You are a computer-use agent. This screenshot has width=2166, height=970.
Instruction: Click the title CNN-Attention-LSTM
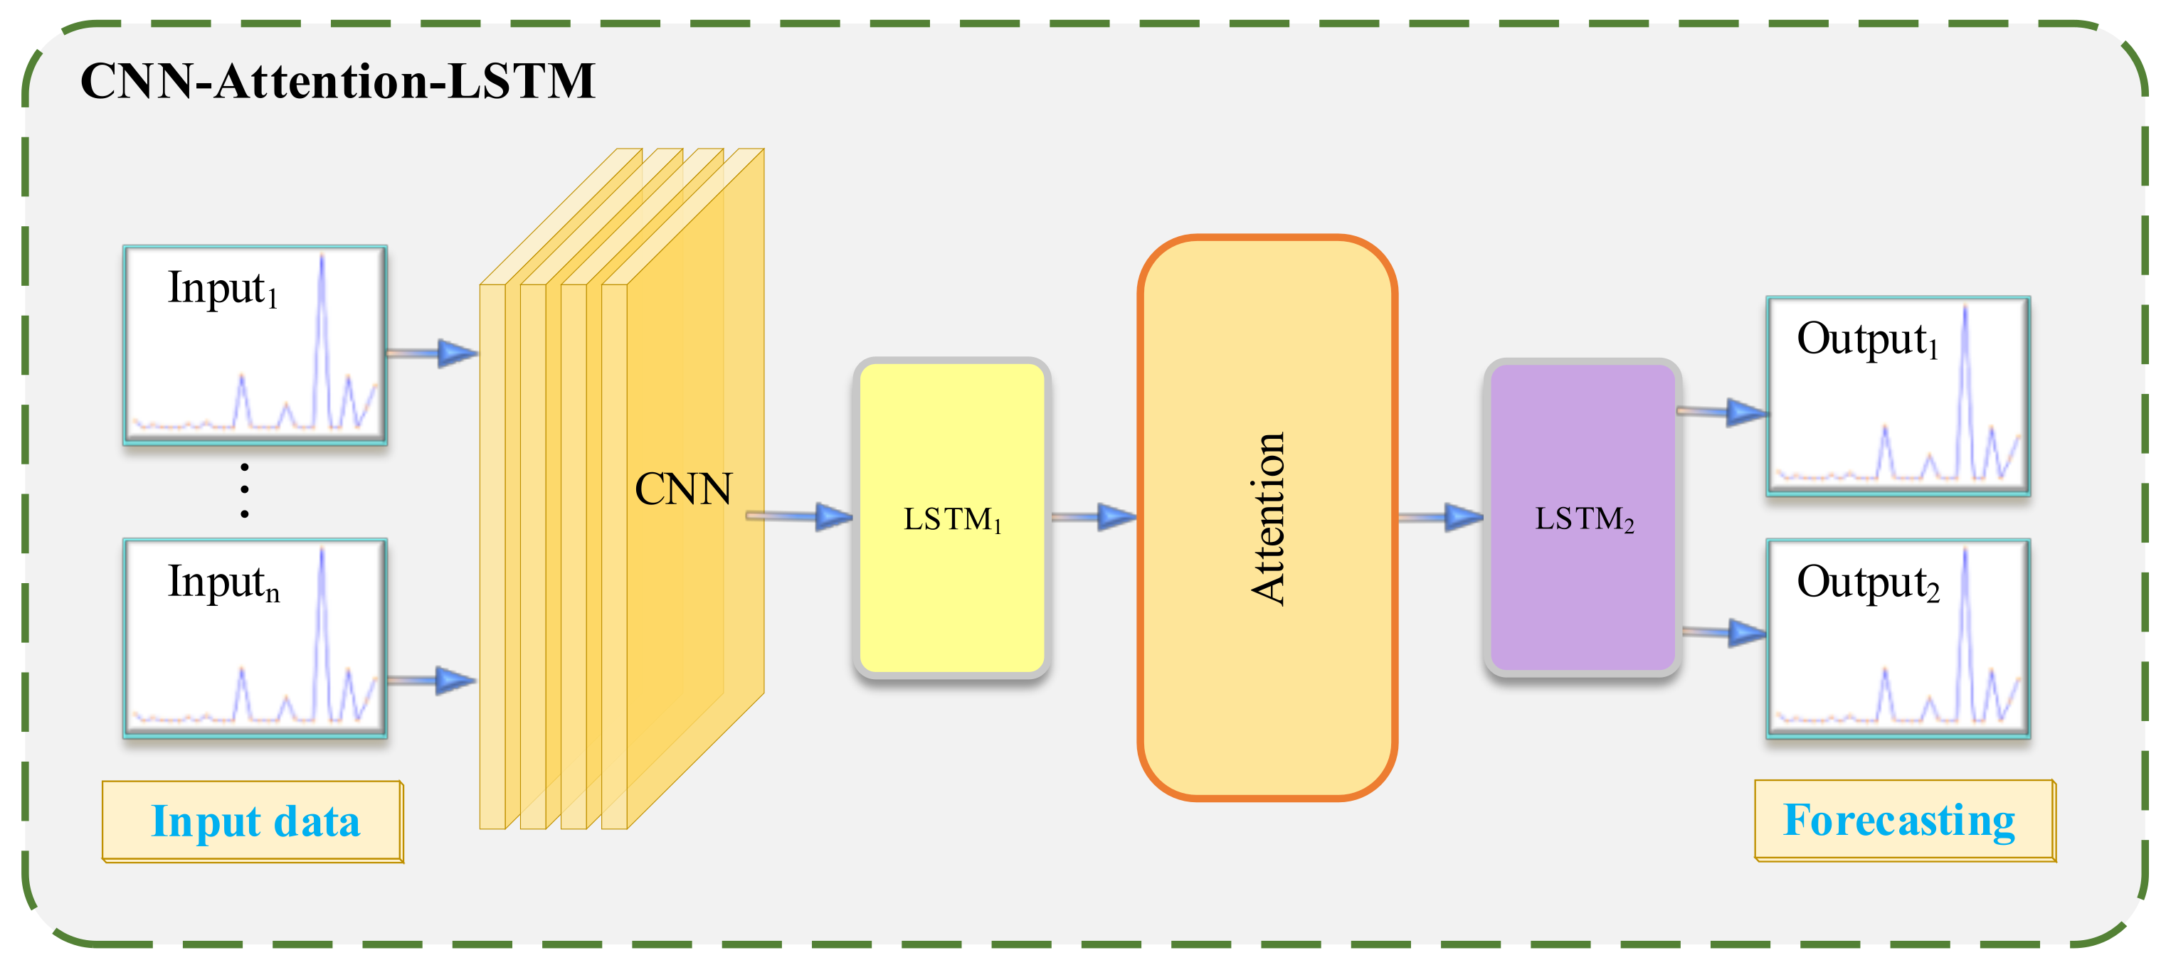click(x=337, y=82)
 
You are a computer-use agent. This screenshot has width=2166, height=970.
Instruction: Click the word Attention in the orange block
click(x=1268, y=518)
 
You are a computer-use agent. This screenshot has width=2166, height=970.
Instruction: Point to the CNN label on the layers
click(x=683, y=489)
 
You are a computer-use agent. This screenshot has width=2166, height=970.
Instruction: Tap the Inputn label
click(x=223, y=582)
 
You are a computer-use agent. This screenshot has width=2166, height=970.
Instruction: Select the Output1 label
click(x=1866, y=340)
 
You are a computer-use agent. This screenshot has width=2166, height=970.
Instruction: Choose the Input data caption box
click(x=253, y=821)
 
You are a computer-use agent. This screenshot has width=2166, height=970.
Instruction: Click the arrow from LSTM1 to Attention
click(x=1093, y=516)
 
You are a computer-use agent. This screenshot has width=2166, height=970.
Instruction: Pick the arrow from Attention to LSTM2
click(x=1440, y=517)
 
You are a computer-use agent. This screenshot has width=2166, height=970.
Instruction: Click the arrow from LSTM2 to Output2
click(x=1723, y=632)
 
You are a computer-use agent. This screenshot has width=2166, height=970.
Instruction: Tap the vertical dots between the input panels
click(x=245, y=490)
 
